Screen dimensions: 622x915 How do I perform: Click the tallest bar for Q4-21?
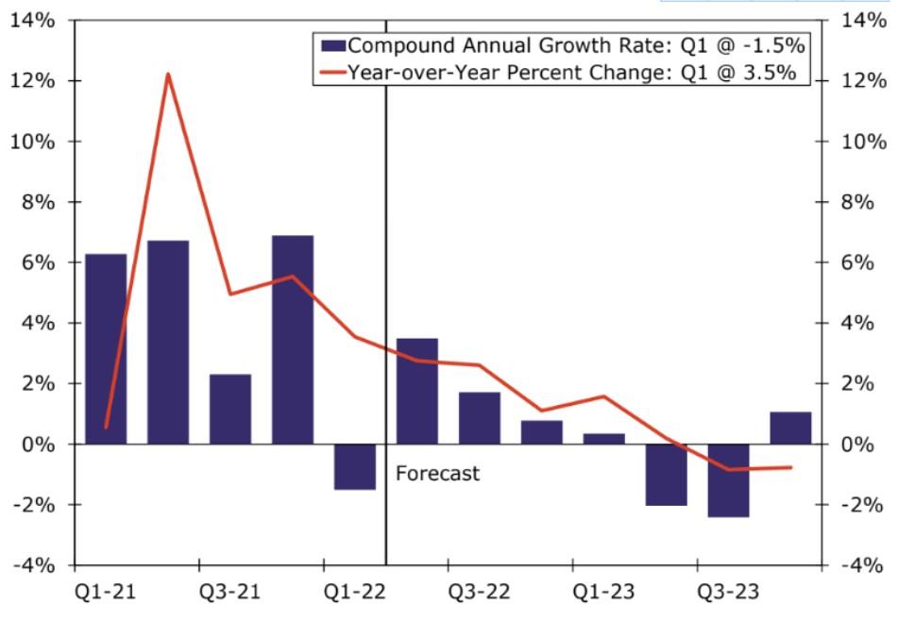pos(293,340)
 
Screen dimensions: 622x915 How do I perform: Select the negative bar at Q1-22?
pos(355,466)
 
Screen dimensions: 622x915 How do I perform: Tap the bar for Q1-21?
pos(106,349)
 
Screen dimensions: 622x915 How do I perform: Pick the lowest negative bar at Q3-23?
pos(728,480)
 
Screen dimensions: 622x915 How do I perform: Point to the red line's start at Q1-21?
pos(106,428)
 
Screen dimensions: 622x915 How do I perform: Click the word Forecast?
pos(437,473)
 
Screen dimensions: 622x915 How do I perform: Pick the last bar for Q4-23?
pos(790,428)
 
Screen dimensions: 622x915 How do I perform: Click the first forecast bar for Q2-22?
pos(417,391)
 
